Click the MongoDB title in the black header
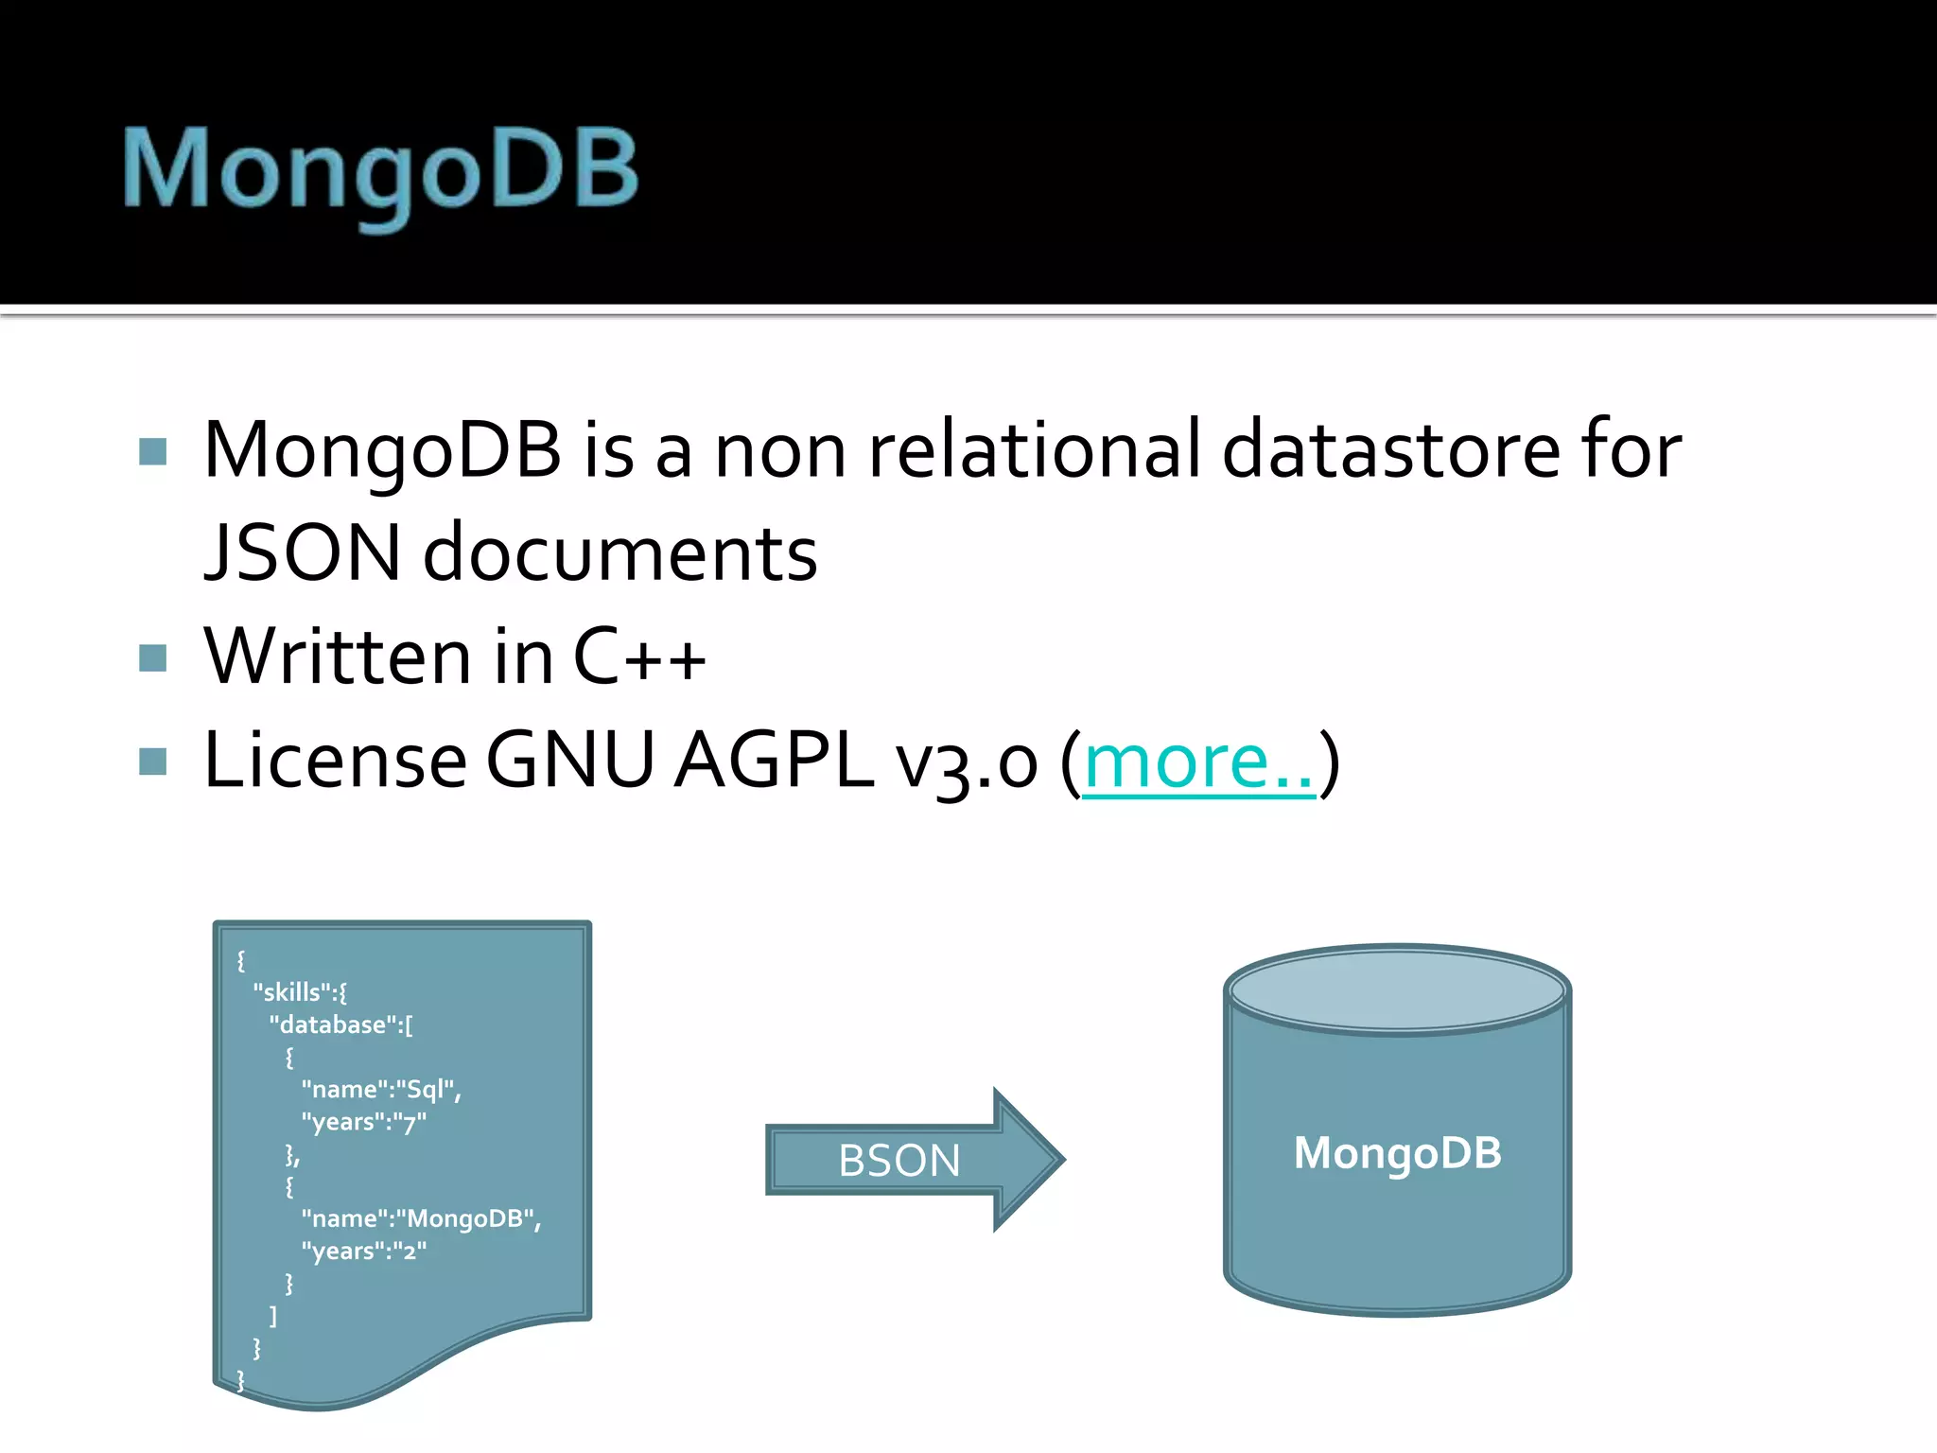point(381,170)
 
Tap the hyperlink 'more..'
point(1198,761)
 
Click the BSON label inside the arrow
point(899,1161)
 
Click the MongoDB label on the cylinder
point(1397,1153)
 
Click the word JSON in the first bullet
point(303,552)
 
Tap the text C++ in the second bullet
point(639,656)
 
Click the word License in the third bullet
point(335,761)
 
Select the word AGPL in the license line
point(774,761)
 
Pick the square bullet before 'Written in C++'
point(152,657)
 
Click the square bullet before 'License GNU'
point(152,762)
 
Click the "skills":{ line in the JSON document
point(300,992)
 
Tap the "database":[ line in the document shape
point(340,1024)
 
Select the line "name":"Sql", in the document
point(381,1090)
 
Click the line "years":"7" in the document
point(364,1123)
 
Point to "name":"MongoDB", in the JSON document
point(421,1219)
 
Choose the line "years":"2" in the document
point(364,1252)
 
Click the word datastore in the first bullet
point(1390,450)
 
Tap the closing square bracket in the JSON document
point(273,1316)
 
